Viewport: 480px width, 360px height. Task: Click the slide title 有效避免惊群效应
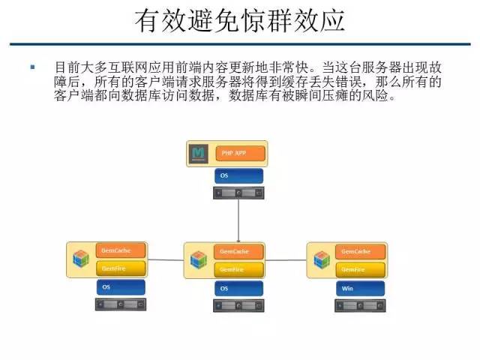239,21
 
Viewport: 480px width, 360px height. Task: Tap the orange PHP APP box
239,153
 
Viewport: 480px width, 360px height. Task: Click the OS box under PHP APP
238,176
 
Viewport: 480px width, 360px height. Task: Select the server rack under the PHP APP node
238,193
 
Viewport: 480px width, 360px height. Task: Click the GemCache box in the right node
359,251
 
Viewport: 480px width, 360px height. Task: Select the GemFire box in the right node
359,268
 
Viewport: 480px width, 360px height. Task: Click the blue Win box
359,288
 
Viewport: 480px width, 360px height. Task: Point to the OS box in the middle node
238,288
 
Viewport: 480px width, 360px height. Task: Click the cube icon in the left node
81,259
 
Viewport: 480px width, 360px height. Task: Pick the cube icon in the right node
321,259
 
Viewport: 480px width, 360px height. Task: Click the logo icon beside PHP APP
199,153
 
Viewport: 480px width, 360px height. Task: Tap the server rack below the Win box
359,305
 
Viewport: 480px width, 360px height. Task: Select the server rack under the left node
120,304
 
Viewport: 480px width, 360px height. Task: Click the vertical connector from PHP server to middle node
238,221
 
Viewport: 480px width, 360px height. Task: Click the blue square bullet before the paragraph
33,67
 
